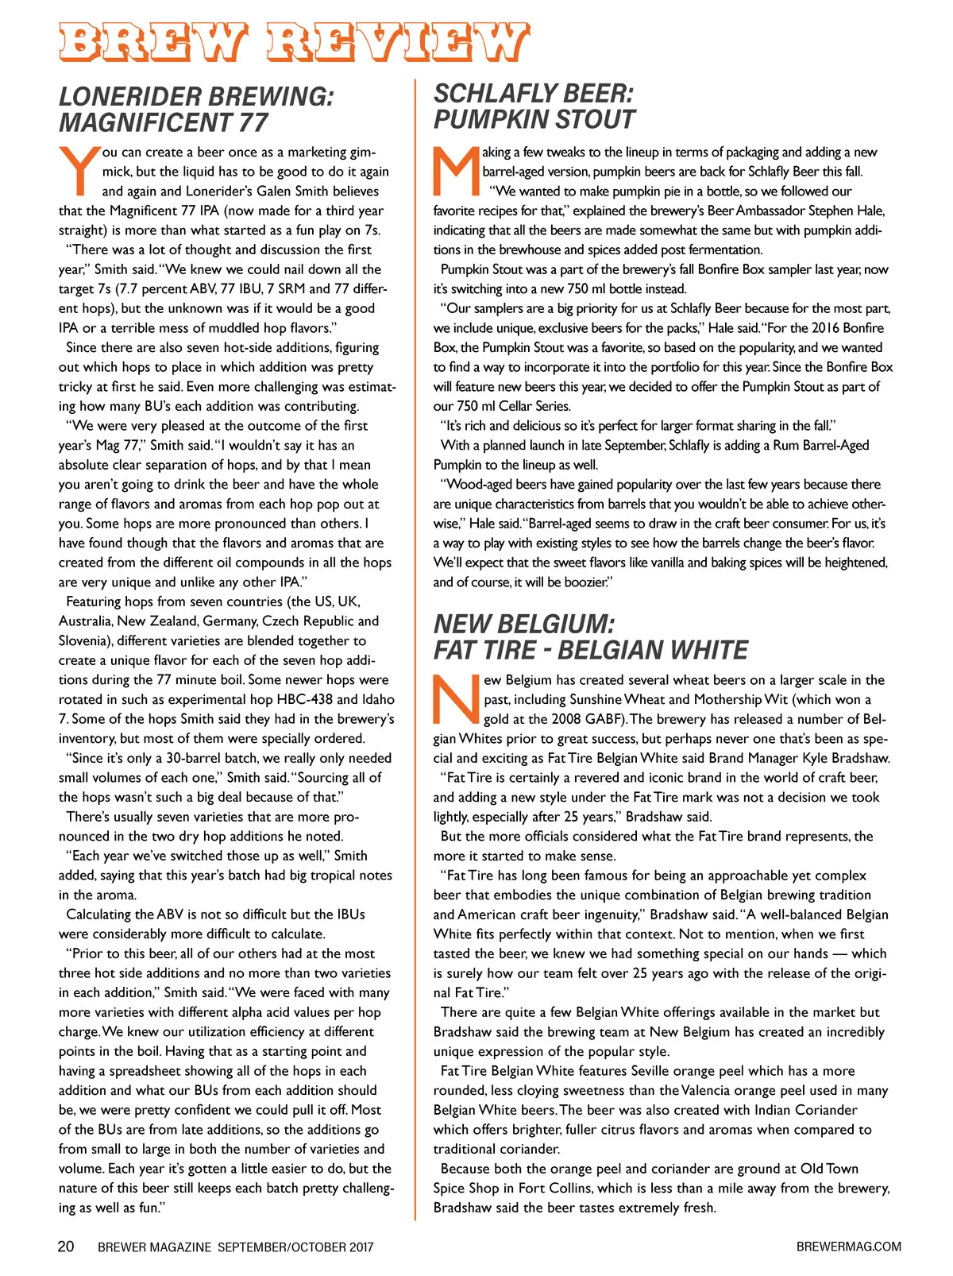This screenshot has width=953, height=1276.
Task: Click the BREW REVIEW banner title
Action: pyautogui.click(x=294, y=43)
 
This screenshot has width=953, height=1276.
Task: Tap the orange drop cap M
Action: pyautogui.click(x=457, y=170)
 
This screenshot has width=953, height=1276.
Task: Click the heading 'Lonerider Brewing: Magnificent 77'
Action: pyautogui.click(x=196, y=110)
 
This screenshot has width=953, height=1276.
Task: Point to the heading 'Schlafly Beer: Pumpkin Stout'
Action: pyautogui.click(x=534, y=106)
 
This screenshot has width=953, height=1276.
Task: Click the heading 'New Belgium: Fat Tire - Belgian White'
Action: pyautogui.click(x=590, y=636)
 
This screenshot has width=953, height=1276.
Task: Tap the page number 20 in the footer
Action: pyautogui.click(x=66, y=1247)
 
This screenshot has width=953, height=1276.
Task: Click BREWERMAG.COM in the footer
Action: pyautogui.click(x=848, y=1247)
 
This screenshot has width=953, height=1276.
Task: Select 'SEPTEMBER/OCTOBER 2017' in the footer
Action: pyautogui.click(x=295, y=1247)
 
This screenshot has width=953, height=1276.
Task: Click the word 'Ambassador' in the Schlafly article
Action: pyautogui.click(x=770, y=211)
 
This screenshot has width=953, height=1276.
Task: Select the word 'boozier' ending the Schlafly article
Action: pyautogui.click(x=585, y=582)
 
